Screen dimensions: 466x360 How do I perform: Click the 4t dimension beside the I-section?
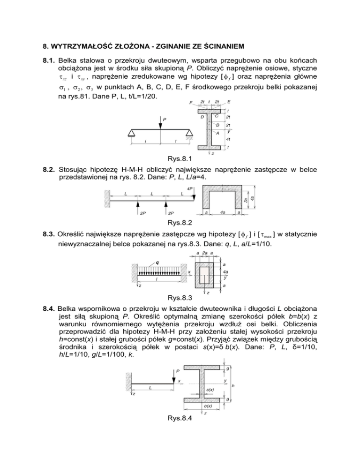tap(227, 140)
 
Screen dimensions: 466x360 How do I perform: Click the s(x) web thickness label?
tap(210, 390)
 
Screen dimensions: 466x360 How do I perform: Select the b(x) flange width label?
tap(208, 407)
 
